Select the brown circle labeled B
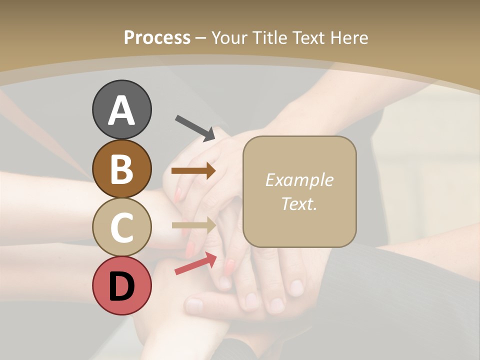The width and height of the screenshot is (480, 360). [x=121, y=168]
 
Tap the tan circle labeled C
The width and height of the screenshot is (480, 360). [x=121, y=227]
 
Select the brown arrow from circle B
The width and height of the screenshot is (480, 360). [x=193, y=171]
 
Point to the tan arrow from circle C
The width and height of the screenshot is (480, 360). [x=193, y=225]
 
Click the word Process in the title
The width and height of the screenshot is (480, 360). [x=157, y=37]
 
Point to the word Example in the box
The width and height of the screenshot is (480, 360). [x=299, y=180]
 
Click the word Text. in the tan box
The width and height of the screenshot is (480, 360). [x=299, y=203]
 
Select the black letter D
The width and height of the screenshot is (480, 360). [x=121, y=286]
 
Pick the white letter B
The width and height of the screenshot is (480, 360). [x=121, y=168]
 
